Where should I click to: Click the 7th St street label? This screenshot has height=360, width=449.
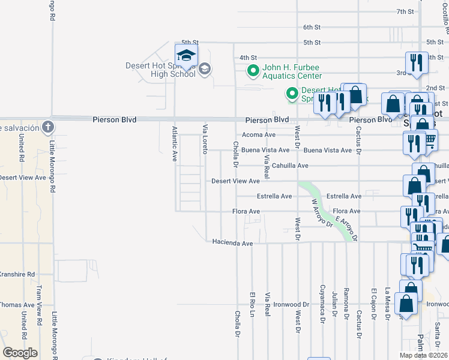click(406, 11)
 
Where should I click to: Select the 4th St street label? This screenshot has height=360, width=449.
click(248, 58)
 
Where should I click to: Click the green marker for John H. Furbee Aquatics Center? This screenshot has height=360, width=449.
click(253, 71)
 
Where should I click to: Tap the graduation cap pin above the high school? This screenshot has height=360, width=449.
click(187, 55)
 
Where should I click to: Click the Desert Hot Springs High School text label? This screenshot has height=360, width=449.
click(160, 70)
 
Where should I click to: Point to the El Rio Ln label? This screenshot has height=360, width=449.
click(252, 304)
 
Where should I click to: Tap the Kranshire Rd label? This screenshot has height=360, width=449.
click(17, 274)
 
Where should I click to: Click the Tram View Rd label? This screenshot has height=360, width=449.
click(38, 309)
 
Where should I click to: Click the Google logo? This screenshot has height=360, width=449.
click(20, 353)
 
